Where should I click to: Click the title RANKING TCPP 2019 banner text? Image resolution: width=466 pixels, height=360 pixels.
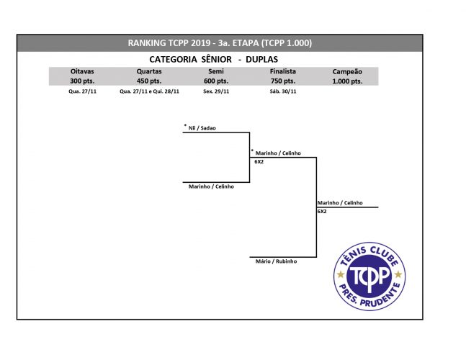[220, 43]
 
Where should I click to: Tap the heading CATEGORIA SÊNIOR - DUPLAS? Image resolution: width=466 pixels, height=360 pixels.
[214, 60]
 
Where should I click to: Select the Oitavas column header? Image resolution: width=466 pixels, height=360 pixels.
[82, 71]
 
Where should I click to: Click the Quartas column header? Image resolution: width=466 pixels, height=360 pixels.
[149, 71]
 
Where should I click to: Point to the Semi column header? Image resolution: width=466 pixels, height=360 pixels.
[216, 71]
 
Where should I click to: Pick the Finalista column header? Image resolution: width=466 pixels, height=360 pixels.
[283, 71]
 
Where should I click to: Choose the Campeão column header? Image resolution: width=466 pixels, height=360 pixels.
[347, 71]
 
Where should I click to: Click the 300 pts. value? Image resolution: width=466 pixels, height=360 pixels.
[82, 81]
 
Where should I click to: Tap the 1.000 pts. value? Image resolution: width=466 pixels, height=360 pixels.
[347, 81]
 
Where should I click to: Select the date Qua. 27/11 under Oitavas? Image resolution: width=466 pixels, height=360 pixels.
[82, 91]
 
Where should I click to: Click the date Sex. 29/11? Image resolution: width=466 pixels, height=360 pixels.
[216, 91]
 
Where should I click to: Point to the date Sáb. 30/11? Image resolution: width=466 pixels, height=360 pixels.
[283, 91]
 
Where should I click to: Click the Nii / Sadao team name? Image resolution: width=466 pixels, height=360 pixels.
[202, 128]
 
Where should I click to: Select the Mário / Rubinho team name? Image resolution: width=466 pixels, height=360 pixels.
[276, 261]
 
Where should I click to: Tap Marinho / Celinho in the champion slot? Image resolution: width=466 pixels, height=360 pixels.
[340, 203]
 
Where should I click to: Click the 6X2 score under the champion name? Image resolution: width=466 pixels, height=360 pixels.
[322, 212]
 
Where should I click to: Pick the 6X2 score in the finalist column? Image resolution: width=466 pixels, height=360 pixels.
[259, 161]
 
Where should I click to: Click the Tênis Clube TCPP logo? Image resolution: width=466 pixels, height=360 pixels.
[369, 276]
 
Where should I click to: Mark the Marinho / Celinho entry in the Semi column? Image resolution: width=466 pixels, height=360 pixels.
[211, 186]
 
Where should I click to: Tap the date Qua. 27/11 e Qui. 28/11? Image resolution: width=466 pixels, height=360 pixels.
[150, 91]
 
